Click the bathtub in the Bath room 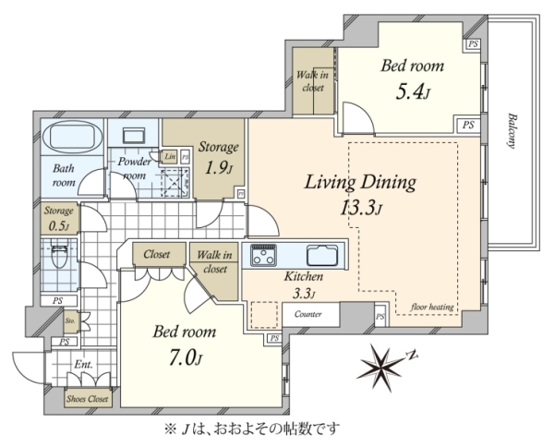[x=72, y=136]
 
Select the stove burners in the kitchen [x=263, y=255]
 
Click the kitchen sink [x=322, y=255]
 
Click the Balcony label [x=512, y=130]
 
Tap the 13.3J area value [x=361, y=208]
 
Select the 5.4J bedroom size [x=413, y=92]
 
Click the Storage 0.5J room [x=59, y=218]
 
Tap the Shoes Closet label [x=88, y=399]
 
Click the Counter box [x=308, y=314]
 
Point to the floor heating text [x=432, y=307]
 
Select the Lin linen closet [x=170, y=156]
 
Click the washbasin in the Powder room [x=135, y=136]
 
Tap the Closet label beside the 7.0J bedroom [x=157, y=254]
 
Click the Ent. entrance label [x=83, y=364]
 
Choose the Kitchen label [x=304, y=276]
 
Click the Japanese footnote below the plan [x=252, y=429]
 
